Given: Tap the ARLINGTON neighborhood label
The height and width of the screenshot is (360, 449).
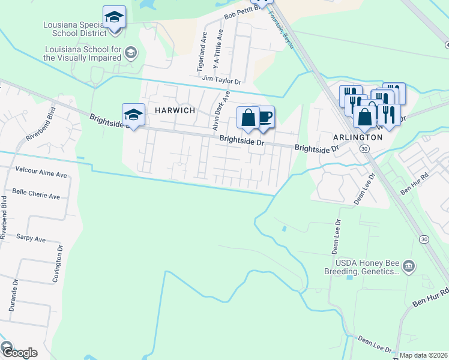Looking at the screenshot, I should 358,137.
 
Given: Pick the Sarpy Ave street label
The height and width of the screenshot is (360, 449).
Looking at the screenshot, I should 31,239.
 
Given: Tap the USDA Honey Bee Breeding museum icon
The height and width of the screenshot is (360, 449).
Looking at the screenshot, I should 409,265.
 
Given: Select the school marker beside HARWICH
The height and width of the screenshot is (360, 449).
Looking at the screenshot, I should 133,115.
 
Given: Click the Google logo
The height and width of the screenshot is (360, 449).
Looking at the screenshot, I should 19,353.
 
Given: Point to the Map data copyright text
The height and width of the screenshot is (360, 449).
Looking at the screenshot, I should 423,355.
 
